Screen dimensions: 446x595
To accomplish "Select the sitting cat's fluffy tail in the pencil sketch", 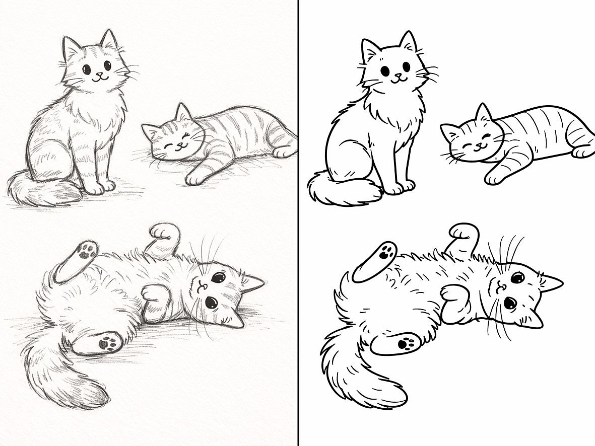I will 43,191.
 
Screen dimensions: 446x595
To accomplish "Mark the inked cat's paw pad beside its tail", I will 405,343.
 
